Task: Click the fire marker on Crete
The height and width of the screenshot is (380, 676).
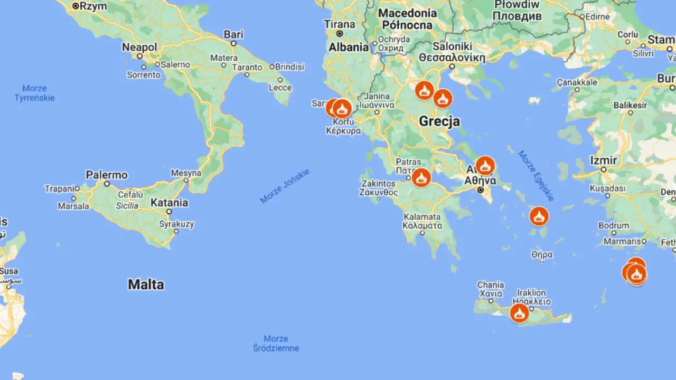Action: click(519, 313)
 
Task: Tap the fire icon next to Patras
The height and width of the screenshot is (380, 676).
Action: click(421, 178)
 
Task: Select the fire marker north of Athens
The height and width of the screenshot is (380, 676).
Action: click(485, 166)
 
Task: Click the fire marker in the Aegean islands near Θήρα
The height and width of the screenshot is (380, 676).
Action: click(539, 216)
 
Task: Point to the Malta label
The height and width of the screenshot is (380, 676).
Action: click(146, 284)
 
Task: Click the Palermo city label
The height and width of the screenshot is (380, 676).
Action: click(107, 175)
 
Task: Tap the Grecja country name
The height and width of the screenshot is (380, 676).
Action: click(439, 121)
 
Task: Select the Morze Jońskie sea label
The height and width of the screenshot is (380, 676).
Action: click(285, 186)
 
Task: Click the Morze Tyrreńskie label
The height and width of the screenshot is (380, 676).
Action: click(34, 93)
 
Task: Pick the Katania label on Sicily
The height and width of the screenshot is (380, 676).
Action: click(169, 202)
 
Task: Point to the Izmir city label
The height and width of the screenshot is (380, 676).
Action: click(603, 160)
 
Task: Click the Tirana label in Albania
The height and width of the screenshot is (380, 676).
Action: click(340, 24)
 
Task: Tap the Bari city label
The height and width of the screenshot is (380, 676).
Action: click(233, 34)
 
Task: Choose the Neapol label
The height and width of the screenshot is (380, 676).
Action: click(139, 47)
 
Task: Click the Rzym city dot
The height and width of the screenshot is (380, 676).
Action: click(76, 6)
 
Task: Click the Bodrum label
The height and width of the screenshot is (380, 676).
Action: click(614, 225)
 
